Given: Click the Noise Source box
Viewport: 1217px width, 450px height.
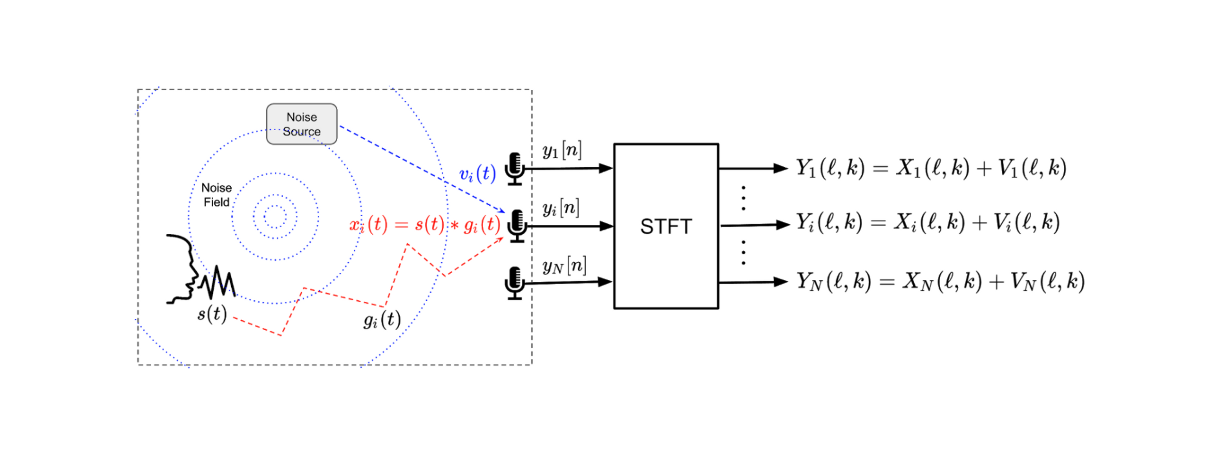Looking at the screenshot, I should pyautogui.click(x=301, y=124).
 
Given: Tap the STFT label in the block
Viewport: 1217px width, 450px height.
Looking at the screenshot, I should pyautogui.click(x=666, y=226).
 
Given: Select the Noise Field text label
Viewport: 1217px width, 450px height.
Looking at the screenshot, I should pyautogui.click(x=216, y=195).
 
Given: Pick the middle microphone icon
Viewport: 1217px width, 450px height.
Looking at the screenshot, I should pyautogui.click(x=517, y=225).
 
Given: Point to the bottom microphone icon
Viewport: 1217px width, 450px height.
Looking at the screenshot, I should pyautogui.click(x=514, y=283).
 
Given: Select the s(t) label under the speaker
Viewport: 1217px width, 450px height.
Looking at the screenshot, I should pyautogui.click(x=212, y=314).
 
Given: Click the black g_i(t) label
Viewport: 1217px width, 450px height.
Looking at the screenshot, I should pyautogui.click(x=382, y=320).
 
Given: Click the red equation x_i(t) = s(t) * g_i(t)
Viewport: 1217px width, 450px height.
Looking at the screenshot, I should pyautogui.click(x=424, y=224).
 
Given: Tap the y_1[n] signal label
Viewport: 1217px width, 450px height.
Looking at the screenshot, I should pyautogui.click(x=561, y=150).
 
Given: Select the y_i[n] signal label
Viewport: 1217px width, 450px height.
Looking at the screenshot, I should pyautogui.click(x=560, y=208).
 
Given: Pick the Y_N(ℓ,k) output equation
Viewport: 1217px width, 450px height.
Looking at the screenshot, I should pyautogui.click(x=940, y=282).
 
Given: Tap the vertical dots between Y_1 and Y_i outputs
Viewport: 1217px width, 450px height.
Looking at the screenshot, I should pyautogui.click(x=743, y=198).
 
